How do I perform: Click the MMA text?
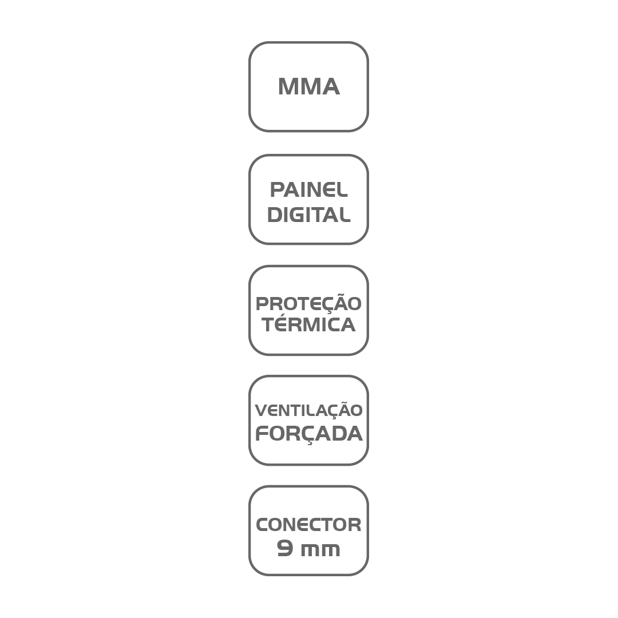coord(308,86)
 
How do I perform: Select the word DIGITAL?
coord(308,215)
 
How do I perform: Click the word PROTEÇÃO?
coord(308,303)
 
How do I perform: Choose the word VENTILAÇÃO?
coord(308,410)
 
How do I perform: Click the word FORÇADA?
coord(308,434)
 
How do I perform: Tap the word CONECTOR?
coord(308,525)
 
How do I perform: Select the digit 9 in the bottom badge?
coord(285,549)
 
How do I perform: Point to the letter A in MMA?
coord(330,86)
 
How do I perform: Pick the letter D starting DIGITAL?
coord(275,215)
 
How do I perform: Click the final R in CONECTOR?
coord(354,525)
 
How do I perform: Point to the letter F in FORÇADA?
coord(262,433)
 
